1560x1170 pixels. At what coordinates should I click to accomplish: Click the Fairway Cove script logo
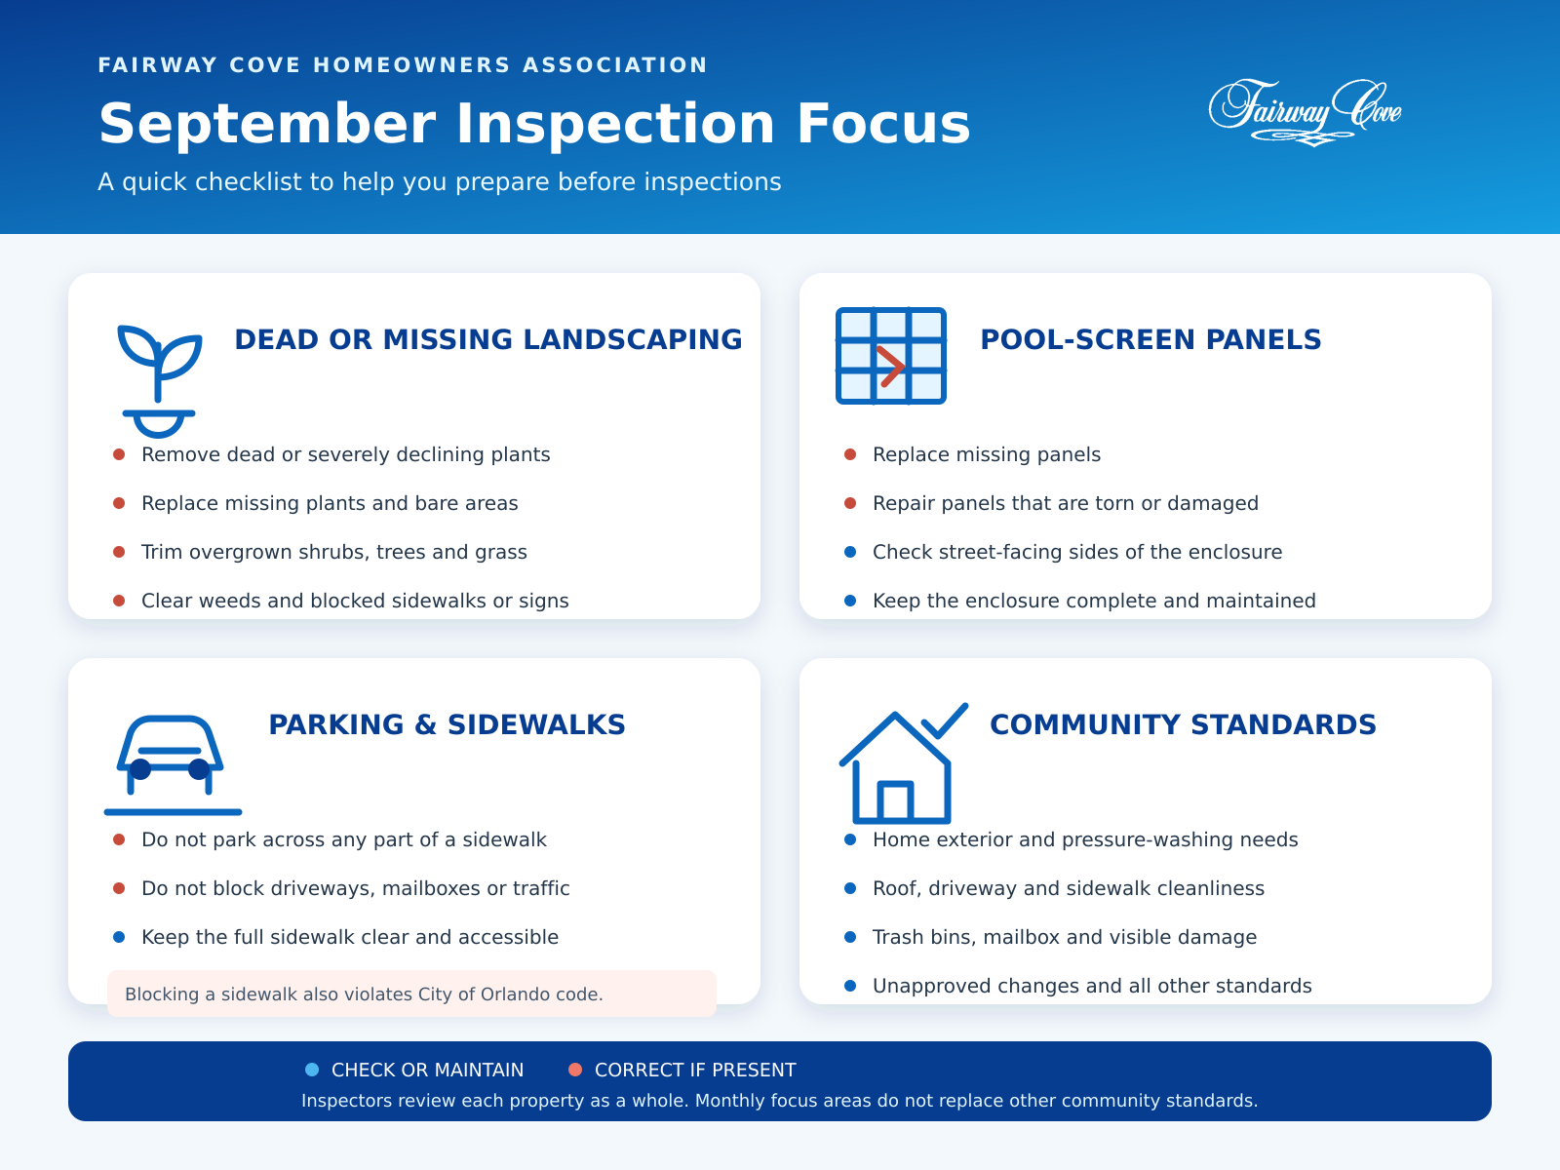(1305, 112)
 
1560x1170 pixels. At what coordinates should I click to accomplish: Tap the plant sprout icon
(159, 381)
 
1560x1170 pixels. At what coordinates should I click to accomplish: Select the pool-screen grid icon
(891, 356)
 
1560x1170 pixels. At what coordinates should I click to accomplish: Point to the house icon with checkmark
(903, 763)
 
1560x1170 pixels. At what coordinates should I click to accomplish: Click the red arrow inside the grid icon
(890, 367)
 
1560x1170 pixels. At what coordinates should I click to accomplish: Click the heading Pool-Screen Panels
(1150, 339)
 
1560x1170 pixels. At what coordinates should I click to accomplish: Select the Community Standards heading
(1184, 724)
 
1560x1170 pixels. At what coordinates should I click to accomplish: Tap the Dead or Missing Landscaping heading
(489, 339)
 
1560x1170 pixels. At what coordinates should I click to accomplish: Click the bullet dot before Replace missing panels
(850, 454)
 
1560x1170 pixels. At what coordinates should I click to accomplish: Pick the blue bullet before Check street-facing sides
(850, 552)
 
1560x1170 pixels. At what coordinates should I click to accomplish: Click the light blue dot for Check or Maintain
(312, 1070)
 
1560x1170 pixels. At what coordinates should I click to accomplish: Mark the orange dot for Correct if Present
(575, 1070)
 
